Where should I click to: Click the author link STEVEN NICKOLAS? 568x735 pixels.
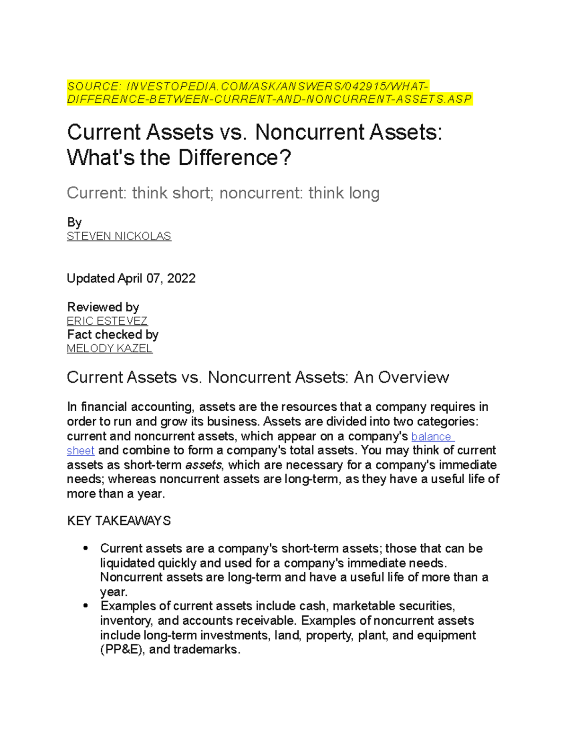pos(119,236)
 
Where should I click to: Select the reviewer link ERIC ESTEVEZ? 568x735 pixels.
pos(107,321)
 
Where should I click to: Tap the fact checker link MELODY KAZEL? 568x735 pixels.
pos(109,349)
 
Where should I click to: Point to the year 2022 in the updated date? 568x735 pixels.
pos(181,278)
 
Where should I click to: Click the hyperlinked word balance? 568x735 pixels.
pos(431,436)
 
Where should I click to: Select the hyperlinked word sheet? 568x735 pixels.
pos(80,451)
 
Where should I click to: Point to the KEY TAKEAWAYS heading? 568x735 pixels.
pos(119,521)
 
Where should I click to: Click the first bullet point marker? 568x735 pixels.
pos(86,549)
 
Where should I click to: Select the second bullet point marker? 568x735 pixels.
pos(86,606)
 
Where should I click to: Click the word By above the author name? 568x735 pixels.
pos(74,222)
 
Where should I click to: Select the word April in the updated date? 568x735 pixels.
pos(130,278)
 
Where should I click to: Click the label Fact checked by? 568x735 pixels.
pos(113,335)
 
